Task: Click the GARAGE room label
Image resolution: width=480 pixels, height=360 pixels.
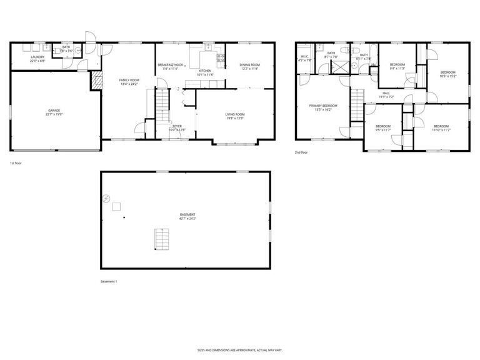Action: pos(54,111)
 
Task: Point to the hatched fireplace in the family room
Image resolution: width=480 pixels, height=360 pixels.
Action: pos(96,79)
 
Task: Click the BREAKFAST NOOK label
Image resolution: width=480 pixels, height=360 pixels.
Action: pos(170,65)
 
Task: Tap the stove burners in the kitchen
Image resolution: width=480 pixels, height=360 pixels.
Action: pos(220,58)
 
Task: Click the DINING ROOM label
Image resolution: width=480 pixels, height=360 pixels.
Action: pos(249,65)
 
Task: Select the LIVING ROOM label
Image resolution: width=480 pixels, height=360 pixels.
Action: pos(235,114)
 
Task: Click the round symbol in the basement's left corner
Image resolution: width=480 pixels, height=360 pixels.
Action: pos(107,199)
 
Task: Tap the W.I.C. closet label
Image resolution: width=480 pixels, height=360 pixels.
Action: pos(306,57)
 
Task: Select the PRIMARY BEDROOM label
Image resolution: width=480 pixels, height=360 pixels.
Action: pos(323,106)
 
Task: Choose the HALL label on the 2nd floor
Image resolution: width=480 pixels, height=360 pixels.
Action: pos(386,93)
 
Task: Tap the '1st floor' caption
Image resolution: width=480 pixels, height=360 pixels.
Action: pos(16,164)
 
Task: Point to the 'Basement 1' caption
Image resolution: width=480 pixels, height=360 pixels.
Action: pos(109,281)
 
